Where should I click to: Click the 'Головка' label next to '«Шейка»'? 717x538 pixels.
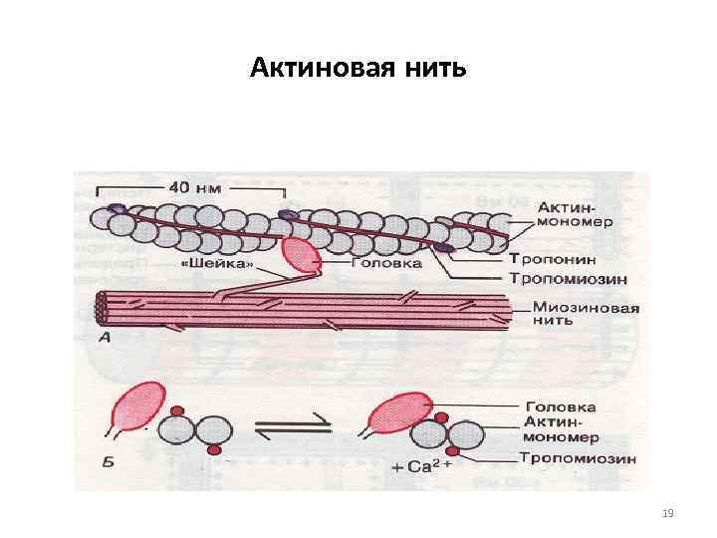click(x=387, y=264)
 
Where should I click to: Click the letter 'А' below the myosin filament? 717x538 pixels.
click(x=105, y=337)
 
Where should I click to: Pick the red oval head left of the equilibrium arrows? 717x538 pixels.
click(x=139, y=410)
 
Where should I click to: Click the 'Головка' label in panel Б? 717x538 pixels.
click(x=560, y=406)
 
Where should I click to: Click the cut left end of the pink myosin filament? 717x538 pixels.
click(x=102, y=309)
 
